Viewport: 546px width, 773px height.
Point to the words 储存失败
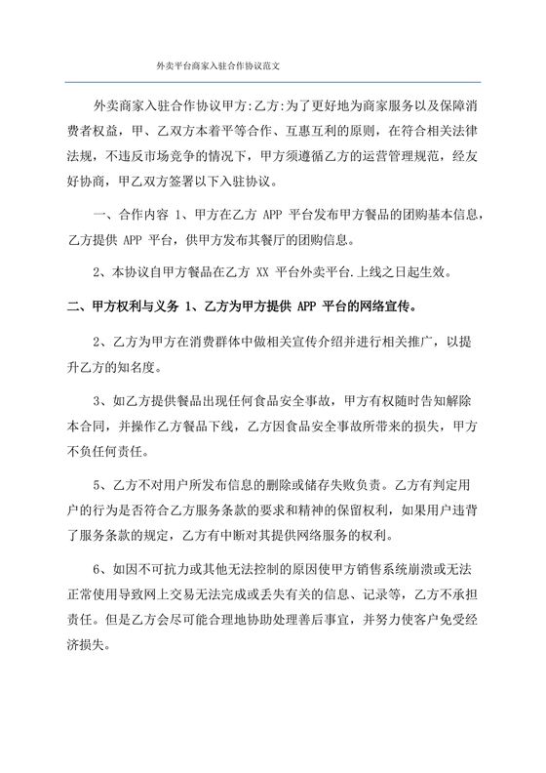(x=337, y=484)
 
